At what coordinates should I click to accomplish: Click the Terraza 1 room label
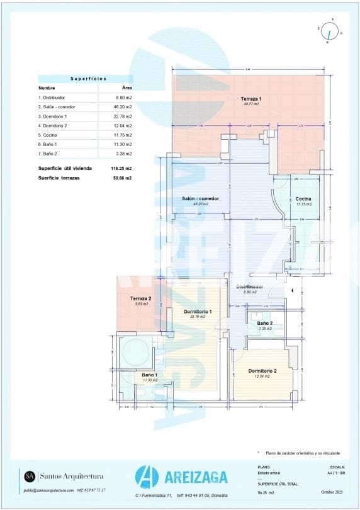[x=250, y=99]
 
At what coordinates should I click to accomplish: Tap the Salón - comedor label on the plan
[x=200, y=198]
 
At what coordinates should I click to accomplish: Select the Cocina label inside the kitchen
[x=303, y=199]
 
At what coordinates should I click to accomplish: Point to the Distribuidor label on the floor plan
[x=249, y=287]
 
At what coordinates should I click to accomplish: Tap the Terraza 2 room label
[x=141, y=298]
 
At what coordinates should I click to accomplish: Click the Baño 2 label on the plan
[x=264, y=322]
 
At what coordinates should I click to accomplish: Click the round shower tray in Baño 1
[x=136, y=351]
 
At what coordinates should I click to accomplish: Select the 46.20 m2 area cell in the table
[x=122, y=107]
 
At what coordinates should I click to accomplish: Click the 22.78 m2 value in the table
[x=122, y=116]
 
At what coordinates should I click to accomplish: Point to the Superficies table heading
[x=88, y=79]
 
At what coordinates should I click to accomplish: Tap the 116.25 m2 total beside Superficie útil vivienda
[x=121, y=169]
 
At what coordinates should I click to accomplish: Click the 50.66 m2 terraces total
[x=121, y=178]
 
